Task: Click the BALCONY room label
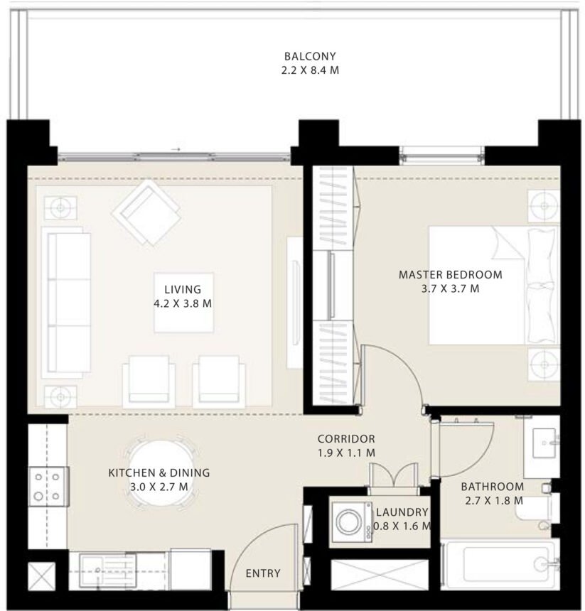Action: coord(309,56)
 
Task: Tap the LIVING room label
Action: coord(183,289)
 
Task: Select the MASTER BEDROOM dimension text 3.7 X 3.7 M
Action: coord(450,288)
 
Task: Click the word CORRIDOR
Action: coord(346,439)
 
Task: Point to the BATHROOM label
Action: coord(492,487)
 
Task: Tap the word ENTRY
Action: coord(262,573)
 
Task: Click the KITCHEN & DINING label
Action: coord(159,472)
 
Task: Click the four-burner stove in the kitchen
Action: coord(48,486)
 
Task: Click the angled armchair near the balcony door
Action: coord(146,212)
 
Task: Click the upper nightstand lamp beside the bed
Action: coord(544,205)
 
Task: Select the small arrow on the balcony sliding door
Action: coord(176,150)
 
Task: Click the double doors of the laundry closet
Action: coord(392,477)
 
